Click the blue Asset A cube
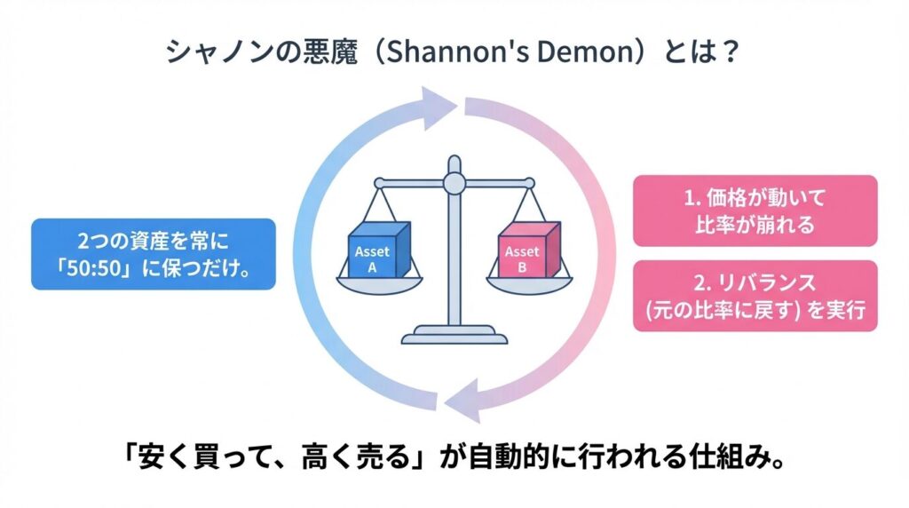[379, 250]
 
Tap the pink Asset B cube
[529, 250]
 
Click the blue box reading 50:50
[153, 254]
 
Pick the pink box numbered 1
[755, 211]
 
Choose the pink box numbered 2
[755, 296]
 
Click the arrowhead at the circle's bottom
[463, 401]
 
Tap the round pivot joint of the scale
[454, 184]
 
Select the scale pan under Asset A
[379, 284]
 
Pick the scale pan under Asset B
[529, 284]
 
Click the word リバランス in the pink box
[766, 283]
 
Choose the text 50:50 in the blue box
[92, 269]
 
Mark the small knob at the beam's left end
[379, 183]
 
